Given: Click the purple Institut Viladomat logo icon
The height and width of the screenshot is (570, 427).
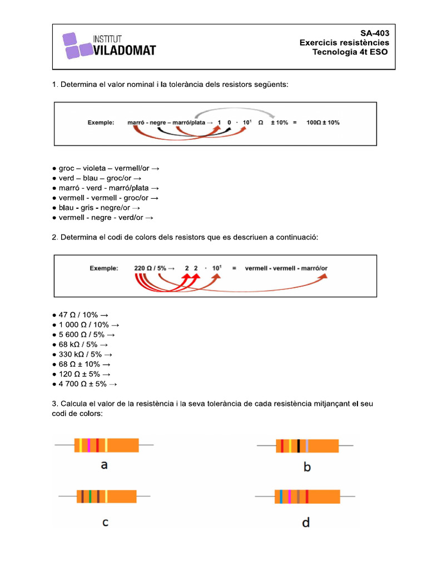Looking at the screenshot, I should [x=77, y=46].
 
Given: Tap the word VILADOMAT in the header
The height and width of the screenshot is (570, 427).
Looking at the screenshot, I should [x=125, y=51].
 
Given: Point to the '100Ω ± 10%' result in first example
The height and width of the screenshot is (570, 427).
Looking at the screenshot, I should [x=323, y=122].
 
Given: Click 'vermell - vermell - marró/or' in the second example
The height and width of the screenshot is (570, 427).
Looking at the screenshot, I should [x=286, y=268].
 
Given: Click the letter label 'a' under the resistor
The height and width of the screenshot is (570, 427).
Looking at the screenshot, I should [x=104, y=465].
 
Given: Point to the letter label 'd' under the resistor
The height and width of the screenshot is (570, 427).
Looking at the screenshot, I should [x=306, y=522].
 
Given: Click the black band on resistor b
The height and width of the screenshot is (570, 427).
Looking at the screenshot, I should [x=299, y=446].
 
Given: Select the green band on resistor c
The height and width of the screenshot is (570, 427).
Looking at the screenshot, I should [x=90, y=497].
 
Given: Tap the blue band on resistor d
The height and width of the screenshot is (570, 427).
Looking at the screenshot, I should [x=281, y=496].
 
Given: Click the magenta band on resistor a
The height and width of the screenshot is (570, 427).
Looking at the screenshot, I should [x=89, y=445].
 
